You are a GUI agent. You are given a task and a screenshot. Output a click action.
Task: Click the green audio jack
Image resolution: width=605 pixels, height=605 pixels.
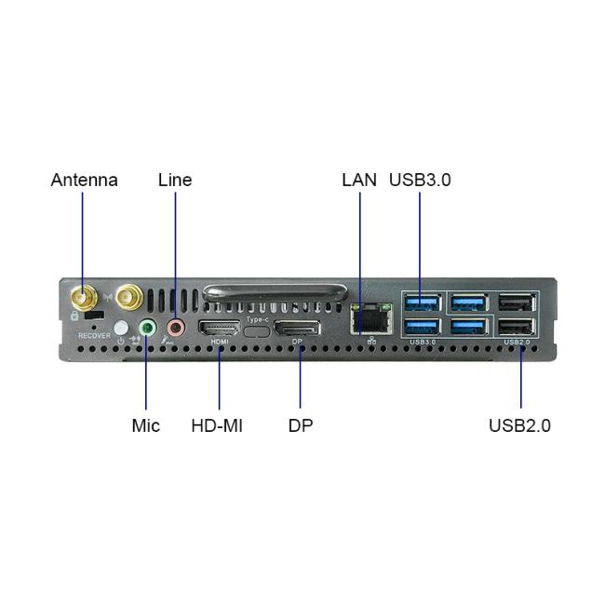pyautogui.click(x=147, y=329)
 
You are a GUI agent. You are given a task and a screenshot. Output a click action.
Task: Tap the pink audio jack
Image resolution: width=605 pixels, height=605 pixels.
pyautogui.click(x=176, y=328)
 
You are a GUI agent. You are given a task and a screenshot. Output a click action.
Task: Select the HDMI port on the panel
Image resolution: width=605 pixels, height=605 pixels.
pyautogui.click(x=219, y=329)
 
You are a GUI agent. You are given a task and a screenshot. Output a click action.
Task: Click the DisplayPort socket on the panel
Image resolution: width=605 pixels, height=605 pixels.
pyautogui.click(x=297, y=329)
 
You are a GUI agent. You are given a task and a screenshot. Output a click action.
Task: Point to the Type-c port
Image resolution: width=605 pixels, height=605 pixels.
pyautogui.click(x=257, y=331)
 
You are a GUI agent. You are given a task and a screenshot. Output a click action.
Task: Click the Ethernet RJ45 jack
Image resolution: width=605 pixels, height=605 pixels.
pyautogui.click(x=371, y=318)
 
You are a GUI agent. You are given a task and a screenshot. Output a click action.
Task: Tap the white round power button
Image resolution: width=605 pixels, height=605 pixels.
pyautogui.click(x=121, y=328)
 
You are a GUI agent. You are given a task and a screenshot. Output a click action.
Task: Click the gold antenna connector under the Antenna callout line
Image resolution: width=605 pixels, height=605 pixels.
pyautogui.click(x=84, y=298)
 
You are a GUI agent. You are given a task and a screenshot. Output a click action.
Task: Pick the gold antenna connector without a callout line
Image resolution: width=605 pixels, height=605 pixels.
pyautogui.click(x=129, y=297)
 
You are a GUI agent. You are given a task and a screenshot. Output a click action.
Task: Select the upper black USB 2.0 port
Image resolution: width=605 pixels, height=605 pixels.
pyautogui.click(x=517, y=302)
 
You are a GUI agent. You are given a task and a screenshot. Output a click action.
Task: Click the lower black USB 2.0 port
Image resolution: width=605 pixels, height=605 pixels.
pyautogui.click(x=517, y=328)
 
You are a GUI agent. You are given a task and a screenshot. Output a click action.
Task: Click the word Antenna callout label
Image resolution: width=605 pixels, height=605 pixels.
pyautogui.click(x=85, y=181)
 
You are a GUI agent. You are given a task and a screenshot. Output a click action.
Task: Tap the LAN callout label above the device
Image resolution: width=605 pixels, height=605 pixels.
pyautogui.click(x=359, y=181)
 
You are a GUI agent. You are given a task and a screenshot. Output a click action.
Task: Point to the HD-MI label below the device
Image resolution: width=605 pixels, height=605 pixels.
pyautogui.click(x=217, y=426)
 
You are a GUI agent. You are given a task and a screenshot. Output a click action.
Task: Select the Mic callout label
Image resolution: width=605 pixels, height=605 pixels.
pyautogui.click(x=146, y=426)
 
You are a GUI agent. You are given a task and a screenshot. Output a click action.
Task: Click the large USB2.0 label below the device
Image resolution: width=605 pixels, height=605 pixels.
pyautogui.click(x=519, y=426)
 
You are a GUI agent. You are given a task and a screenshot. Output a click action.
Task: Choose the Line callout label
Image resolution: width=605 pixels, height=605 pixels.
pyautogui.click(x=175, y=181)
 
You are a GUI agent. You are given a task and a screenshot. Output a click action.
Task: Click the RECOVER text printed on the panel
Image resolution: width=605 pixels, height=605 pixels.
pyautogui.click(x=94, y=336)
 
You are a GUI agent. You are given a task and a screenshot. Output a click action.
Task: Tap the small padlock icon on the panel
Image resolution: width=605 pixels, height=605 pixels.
pyautogui.click(x=74, y=316)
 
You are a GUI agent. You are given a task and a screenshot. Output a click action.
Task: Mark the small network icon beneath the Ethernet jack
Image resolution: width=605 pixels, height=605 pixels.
pyautogui.click(x=371, y=341)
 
